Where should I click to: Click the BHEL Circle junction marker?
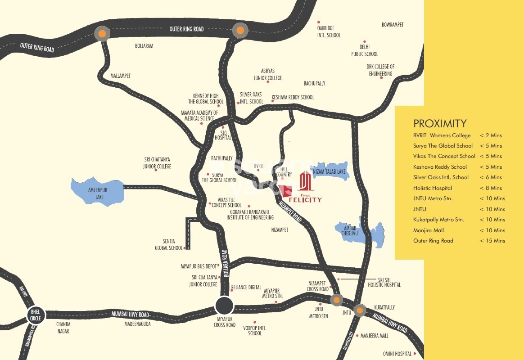click(35, 315)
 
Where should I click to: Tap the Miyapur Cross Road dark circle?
click(224, 306)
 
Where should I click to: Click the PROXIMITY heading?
click(440, 124)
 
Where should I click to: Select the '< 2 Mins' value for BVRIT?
click(491, 135)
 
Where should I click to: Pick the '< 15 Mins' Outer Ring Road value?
click(492, 241)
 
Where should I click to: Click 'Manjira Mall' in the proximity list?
click(429, 230)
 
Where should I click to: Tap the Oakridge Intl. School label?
click(329, 31)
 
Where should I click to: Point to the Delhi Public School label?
click(365, 50)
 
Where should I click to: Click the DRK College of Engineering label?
click(381, 70)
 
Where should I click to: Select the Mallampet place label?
click(121, 76)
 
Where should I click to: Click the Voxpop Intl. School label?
click(255, 331)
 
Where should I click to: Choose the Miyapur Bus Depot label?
click(199, 266)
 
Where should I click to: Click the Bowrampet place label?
click(393, 24)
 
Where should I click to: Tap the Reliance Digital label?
click(246, 287)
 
